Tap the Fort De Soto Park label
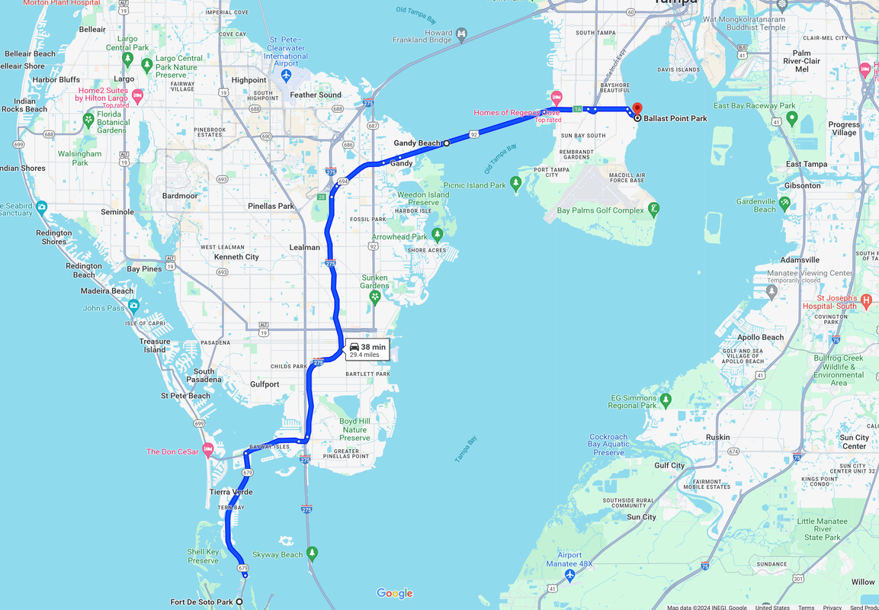pyautogui.click(x=202, y=602)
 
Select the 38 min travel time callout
pyautogui.click(x=367, y=349)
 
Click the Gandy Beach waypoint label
pyautogui.click(x=417, y=143)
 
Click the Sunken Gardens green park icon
pyautogui.click(x=374, y=296)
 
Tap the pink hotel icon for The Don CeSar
pyautogui.click(x=207, y=451)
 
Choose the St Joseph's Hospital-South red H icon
pyautogui.click(x=866, y=302)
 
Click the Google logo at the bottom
pyautogui.click(x=394, y=593)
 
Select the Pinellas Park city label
pyautogui.click(x=271, y=207)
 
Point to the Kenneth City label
pyautogui.click(x=236, y=257)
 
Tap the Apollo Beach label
pyautogui.click(x=760, y=337)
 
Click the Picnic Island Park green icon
pyautogui.click(x=516, y=184)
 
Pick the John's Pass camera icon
pyautogui.click(x=134, y=306)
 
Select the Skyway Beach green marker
pyautogui.click(x=312, y=553)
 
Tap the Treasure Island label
pyautogui.click(x=155, y=345)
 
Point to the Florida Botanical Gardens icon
pyautogui.click(x=89, y=120)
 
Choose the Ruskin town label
pyautogui.click(x=718, y=437)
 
